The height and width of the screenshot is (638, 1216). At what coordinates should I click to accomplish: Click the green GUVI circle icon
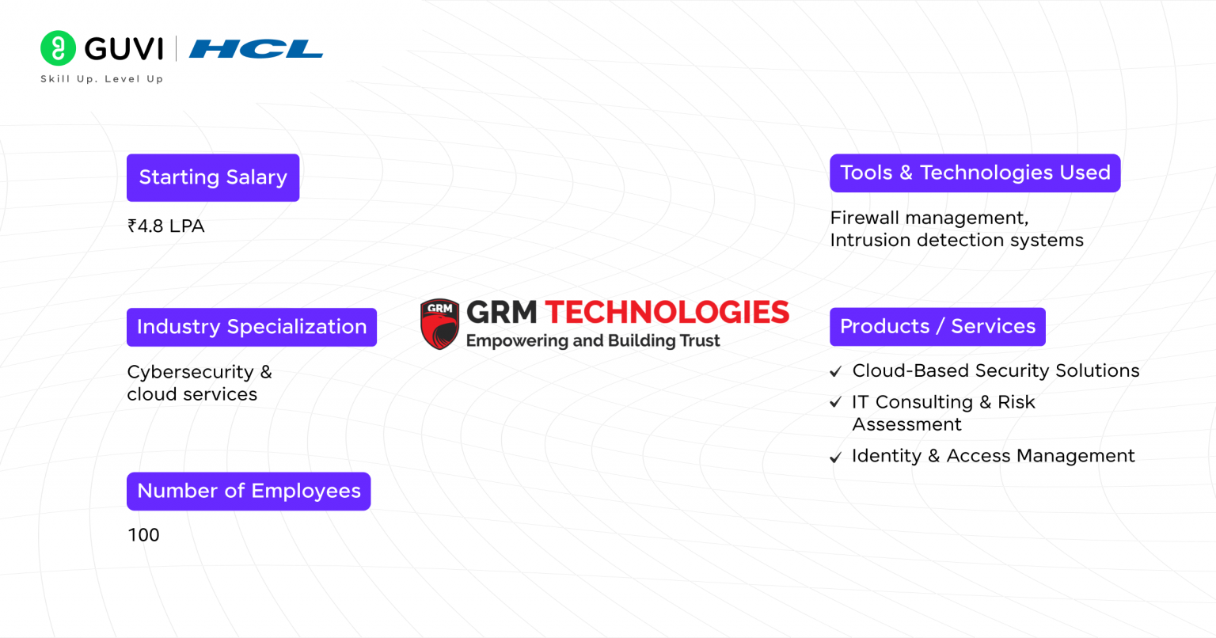coord(58,48)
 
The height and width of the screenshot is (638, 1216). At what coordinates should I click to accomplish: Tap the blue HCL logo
coord(256,49)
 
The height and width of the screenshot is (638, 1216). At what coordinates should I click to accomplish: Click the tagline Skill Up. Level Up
coord(101,79)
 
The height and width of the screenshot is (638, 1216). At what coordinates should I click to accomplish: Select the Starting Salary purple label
coord(213,177)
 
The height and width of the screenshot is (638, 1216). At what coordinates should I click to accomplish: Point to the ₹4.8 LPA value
coord(166,226)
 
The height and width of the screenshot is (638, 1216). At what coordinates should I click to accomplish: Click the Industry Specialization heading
coord(252,327)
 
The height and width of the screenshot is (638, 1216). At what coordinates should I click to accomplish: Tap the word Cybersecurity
coord(190,372)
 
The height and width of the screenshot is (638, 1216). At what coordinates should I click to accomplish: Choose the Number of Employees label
coord(249,491)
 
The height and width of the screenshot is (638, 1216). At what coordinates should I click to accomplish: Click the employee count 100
coord(143,535)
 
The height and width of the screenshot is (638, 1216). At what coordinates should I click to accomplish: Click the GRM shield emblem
coord(440,324)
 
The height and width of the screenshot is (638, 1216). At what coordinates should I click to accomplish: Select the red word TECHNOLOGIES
coord(667,313)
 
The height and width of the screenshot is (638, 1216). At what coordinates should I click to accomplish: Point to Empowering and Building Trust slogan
coord(593,341)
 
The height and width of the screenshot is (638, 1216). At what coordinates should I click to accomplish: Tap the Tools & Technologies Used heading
coord(975,173)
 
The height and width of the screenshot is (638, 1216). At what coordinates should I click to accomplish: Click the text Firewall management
coord(929,218)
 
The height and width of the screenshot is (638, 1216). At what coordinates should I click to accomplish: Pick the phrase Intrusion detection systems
coord(956,241)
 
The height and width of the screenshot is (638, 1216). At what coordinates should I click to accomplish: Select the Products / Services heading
coord(937,326)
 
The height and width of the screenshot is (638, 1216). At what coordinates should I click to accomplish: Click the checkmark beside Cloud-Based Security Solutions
coord(835,371)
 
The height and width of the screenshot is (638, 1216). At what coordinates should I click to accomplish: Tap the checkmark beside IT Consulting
coord(835,403)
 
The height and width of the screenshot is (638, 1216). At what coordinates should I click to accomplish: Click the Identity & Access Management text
coord(993,456)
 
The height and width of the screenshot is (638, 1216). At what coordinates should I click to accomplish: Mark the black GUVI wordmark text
coord(123,49)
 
